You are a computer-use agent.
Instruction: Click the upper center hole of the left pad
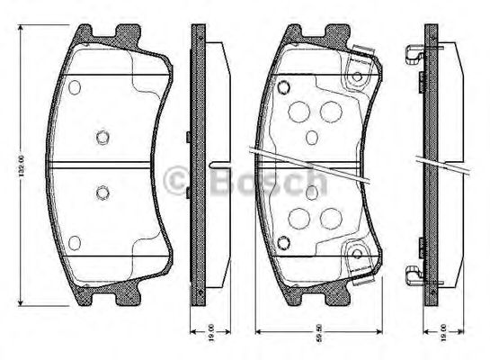102,137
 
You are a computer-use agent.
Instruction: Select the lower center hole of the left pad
102,191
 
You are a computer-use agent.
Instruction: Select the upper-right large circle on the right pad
331,111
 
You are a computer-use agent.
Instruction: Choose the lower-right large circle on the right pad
331,217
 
